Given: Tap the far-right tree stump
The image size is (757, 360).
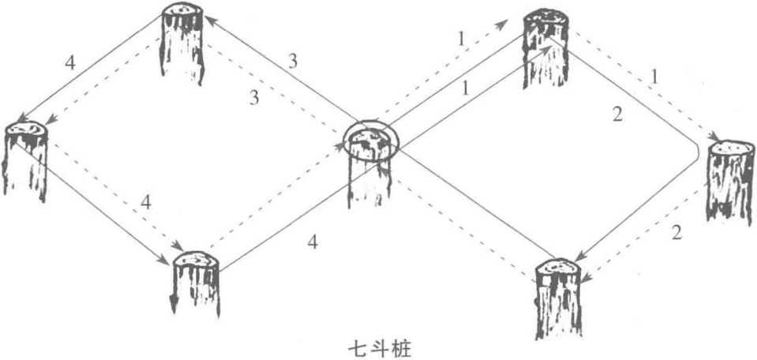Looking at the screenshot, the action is click(x=731, y=183).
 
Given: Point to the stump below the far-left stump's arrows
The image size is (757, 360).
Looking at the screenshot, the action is click(x=196, y=283).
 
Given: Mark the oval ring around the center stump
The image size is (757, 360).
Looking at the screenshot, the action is click(x=372, y=141).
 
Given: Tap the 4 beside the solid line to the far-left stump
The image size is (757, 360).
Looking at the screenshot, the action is click(x=70, y=63).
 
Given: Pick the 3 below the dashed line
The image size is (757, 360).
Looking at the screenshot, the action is click(x=254, y=99).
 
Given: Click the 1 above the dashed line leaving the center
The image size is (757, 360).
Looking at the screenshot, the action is click(x=461, y=39).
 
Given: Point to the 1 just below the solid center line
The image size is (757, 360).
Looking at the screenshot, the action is click(x=467, y=90).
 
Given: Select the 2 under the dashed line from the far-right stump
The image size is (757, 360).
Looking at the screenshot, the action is click(x=676, y=233).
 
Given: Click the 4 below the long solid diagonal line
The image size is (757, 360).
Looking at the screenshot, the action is click(x=313, y=242).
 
